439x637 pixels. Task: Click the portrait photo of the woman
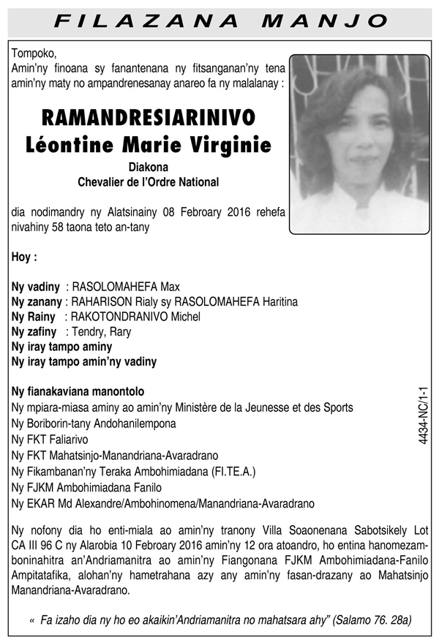tap(359, 145)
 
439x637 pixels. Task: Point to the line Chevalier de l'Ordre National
tap(149, 181)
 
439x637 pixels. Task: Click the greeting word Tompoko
tap(34, 53)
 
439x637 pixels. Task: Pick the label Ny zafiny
tap(34, 331)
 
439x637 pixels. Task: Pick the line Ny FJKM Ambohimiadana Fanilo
tap(87, 487)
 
